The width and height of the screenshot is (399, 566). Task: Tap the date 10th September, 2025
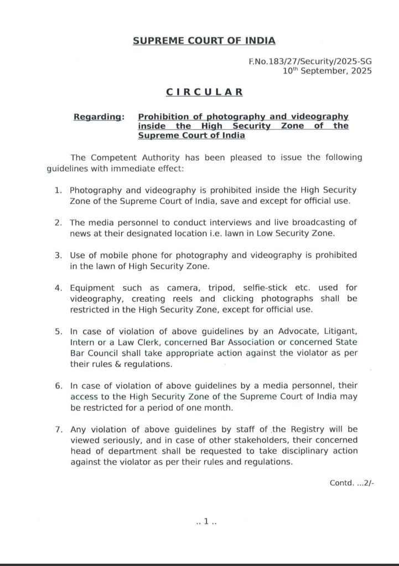point(327,71)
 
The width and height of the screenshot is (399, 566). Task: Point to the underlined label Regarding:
point(99,117)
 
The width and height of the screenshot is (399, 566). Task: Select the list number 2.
point(58,222)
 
